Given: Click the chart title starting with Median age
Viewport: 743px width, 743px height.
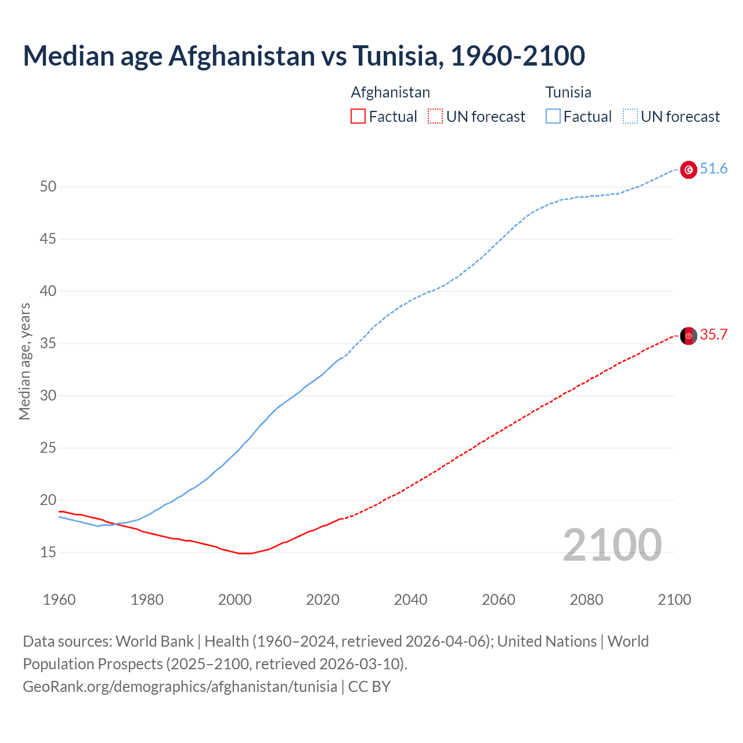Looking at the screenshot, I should (x=304, y=56).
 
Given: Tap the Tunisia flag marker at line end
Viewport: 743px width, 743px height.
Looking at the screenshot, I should (x=688, y=169).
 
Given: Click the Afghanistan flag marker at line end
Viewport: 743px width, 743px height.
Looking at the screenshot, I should (x=688, y=336).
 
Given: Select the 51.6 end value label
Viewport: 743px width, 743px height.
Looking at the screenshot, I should (x=713, y=169).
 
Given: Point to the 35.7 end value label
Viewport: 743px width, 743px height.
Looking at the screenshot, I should (x=713, y=335).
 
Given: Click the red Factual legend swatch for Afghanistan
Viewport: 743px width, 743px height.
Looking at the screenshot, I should (x=358, y=117).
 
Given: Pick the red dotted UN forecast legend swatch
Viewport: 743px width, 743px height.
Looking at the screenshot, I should (x=435, y=117).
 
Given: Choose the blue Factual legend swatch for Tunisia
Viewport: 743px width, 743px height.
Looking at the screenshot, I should (x=553, y=117).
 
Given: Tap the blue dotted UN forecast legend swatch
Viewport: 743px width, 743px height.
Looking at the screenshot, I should (x=630, y=117).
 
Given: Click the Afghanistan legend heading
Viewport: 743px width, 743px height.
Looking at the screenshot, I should (x=390, y=92).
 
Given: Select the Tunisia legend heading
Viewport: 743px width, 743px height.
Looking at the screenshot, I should (x=568, y=92).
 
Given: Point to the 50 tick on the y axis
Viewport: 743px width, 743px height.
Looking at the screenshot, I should (x=48, y=187).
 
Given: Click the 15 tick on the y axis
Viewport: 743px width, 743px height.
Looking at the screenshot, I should (x=48, y=553).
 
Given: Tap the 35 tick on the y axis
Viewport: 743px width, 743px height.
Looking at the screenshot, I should (x=48, y=344).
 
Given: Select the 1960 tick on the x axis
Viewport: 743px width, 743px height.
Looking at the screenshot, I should (x=59, y=600).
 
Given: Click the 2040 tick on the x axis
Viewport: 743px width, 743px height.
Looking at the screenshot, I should (x=410, y=600).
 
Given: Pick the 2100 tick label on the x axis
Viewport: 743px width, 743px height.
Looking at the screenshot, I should (x=674, y=600).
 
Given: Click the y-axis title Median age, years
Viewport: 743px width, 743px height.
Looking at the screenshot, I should (x=24, y=361).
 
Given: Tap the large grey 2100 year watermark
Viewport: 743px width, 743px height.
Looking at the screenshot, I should (x=612, y=545).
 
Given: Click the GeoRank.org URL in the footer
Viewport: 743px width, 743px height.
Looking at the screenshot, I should (x=180, y=687).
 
